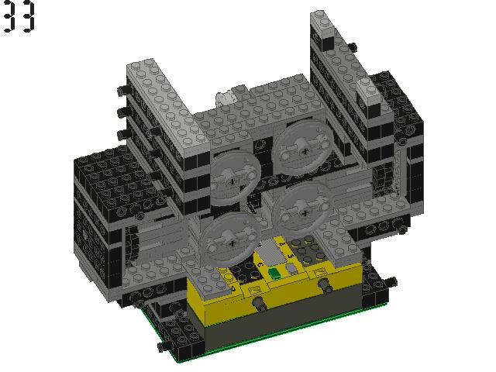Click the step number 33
(19, 15)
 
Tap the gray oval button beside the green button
(291, 269)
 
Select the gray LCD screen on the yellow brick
(269, 253)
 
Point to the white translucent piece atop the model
(226, 98)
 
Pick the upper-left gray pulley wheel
(234, 178)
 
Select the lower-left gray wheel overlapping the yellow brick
(230, 240)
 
